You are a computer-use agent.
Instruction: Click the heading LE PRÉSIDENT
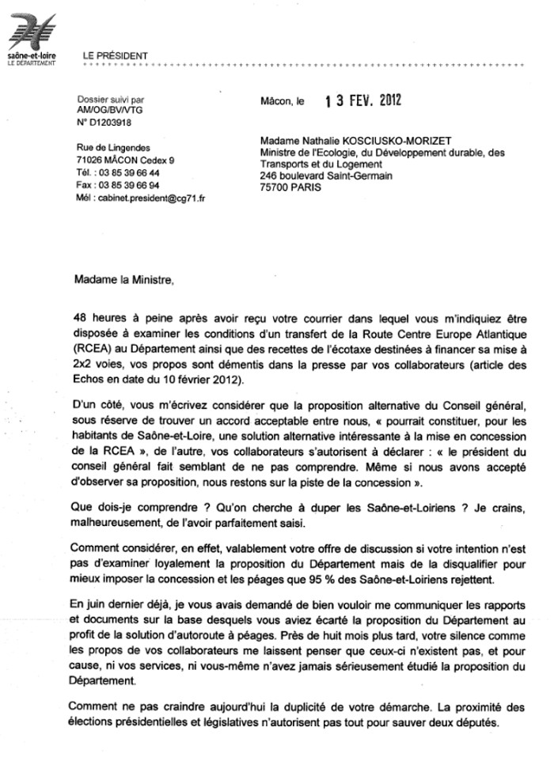[115, 55]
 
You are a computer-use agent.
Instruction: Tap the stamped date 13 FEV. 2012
[363, 101]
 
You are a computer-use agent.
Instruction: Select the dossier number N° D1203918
[104, 123]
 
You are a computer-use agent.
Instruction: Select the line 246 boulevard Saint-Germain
[326, 176]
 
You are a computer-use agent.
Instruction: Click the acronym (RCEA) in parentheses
[89, 345]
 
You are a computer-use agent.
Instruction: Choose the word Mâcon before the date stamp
[275, 102]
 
